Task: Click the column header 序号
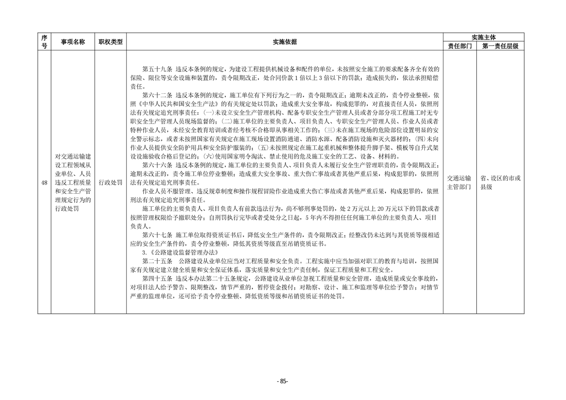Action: (44, 41)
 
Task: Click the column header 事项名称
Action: (73, 42)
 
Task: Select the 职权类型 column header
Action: (110, 42)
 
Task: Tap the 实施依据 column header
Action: (285, 42)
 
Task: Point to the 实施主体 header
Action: (483, 37)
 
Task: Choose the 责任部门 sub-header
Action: (460, 46)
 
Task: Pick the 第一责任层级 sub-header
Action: (500, 46)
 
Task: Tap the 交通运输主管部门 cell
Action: (460, 182)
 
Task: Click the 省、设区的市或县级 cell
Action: (500, 182)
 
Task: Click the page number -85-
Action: (282, 381)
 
